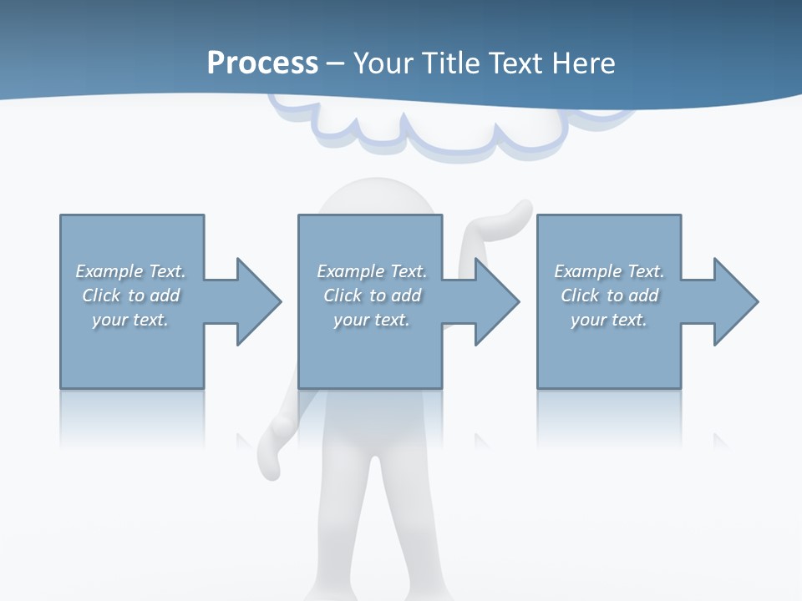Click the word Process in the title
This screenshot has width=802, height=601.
tap(262, 63)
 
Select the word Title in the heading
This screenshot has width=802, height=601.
tap(451, 63)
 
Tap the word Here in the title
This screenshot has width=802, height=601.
tap(584, 63)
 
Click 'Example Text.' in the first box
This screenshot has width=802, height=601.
tap(131, 271)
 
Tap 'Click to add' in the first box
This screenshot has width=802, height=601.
tap(131, 295)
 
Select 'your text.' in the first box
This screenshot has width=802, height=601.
tap(131, 320)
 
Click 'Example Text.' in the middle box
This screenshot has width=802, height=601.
tap(372, 271)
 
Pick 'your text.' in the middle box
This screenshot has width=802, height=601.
tap(372, 320)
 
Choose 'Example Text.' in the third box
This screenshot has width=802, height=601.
tap(609, 271)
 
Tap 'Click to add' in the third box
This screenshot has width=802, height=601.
tap(609, 295)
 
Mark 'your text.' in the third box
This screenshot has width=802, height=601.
tap(609, 320)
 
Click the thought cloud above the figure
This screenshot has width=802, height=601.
tap(434, 134)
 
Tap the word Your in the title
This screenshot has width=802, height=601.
tap(382, 63)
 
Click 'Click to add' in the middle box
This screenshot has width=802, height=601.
tap(372, 295)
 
